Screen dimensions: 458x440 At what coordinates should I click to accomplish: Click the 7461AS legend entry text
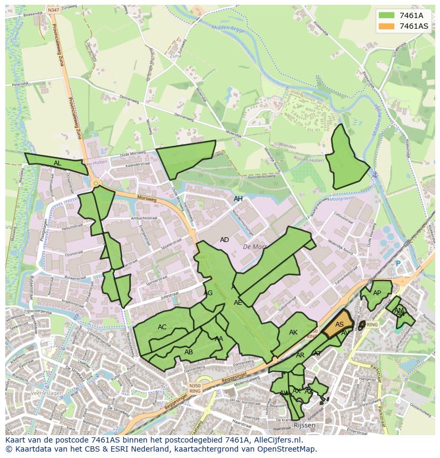[x=413, y=26]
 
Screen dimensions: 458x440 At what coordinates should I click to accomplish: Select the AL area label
[x=57, y=163]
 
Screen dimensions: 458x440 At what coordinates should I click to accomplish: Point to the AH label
[x=238, y=199]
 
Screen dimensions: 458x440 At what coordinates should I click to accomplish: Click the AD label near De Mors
[x=224, y=240]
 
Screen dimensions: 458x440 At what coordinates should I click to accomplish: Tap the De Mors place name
[x=254, y=247]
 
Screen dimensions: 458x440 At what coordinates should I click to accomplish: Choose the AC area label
[x=162, y=327]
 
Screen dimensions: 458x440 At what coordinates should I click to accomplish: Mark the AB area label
[x=189, y=352]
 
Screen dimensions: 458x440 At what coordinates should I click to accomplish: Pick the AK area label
[x=293, y=332]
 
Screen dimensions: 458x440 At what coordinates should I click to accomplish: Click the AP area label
[x=377, y=293]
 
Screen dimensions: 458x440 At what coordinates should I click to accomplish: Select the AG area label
[x=208, y=293]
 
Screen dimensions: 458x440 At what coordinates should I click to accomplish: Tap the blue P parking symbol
[x=397, y=263]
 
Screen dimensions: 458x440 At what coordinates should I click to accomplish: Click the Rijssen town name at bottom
[x=304, y=426]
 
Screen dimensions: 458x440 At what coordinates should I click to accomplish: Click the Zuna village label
[x=175, y=55]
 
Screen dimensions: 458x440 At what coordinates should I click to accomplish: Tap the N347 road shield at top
[x=53, y=10]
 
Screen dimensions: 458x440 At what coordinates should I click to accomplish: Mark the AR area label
[x=300, y=355]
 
